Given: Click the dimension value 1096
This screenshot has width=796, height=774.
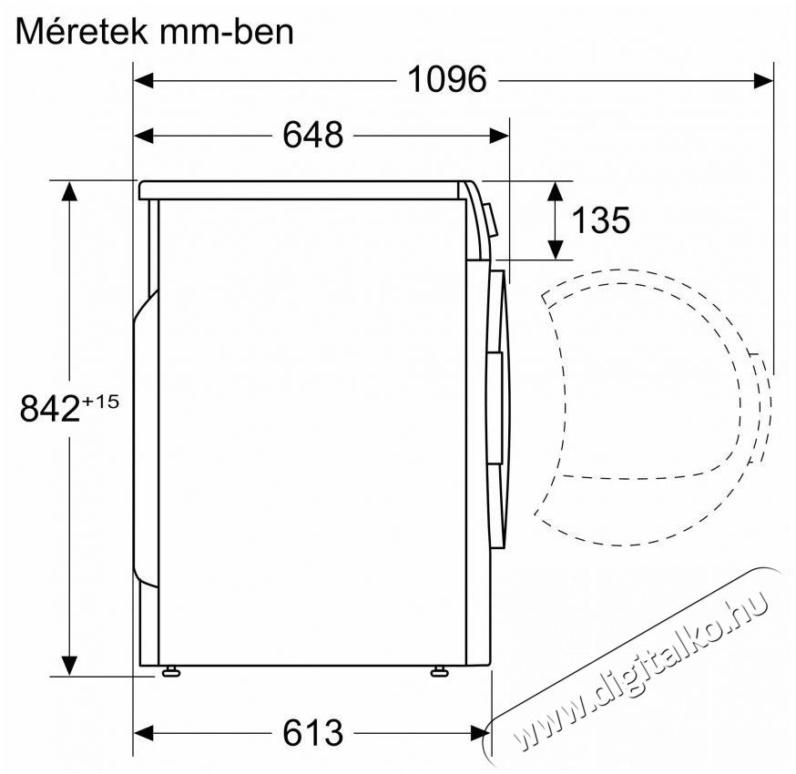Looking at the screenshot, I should (x=446, y=80).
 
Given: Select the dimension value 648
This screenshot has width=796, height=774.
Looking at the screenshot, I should (x=312, y=135).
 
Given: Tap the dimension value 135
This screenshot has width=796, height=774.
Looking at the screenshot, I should (x=600, y=219).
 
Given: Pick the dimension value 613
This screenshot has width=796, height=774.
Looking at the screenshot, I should (x=312, y=731).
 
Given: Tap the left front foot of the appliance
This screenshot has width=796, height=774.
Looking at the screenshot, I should (x=169, y=672).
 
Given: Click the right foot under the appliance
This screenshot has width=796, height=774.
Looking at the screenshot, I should (x=439, y=672).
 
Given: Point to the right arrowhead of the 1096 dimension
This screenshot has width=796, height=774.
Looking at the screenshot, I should (x=765, y=80).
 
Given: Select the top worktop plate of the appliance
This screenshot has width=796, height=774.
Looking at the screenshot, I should (x=301, y=190).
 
